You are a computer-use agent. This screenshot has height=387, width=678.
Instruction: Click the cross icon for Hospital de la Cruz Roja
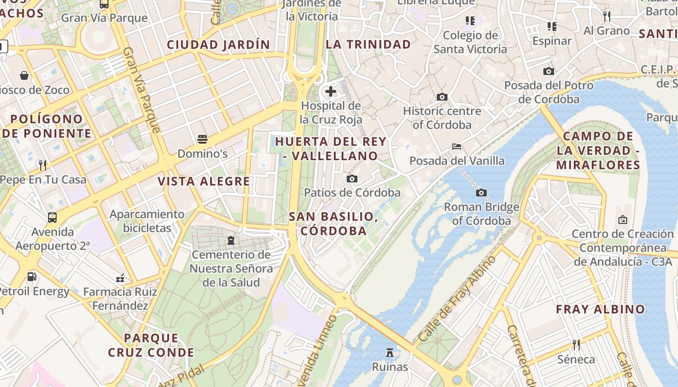click(331, 91)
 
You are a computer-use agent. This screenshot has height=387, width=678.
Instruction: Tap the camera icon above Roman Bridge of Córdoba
click(481, 193)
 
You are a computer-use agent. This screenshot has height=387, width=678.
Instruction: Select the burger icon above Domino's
click(202, 140)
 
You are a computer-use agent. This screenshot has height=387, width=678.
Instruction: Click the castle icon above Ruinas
click(390, 352)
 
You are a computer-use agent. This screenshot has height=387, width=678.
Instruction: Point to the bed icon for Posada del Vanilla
click(457, 146)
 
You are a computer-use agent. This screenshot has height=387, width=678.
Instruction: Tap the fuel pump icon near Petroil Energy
click(32, 277)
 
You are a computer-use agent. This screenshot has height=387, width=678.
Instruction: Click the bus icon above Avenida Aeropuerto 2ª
click(52, 218)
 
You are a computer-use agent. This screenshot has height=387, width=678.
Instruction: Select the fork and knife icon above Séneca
click(576, 344)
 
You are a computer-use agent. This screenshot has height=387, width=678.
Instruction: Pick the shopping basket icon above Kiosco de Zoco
click(24, 75)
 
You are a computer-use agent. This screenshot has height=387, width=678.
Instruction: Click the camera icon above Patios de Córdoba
click(352, 179)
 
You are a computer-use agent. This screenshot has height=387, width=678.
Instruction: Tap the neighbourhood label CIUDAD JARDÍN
click(218, 45)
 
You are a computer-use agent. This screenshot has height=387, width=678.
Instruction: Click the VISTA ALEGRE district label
click(204, 181)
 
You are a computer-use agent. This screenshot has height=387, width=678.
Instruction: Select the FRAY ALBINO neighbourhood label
click(601, 309)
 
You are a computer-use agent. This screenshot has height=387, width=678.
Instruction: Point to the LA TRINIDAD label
click(368, 45)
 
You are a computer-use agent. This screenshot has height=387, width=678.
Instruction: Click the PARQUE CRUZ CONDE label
click(151, 345)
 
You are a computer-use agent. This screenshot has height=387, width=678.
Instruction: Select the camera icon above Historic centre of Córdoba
click(442, 97)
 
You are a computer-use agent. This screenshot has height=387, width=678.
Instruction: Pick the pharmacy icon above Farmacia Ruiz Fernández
click(120, 278)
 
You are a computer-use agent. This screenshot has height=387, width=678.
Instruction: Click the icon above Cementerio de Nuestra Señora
click(231, 240)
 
